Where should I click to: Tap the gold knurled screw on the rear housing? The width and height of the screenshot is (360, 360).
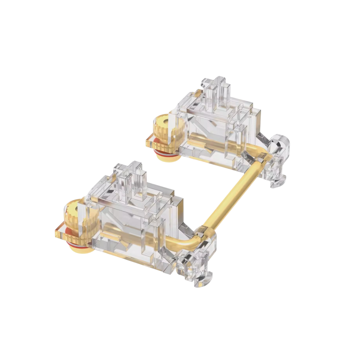point(164,131)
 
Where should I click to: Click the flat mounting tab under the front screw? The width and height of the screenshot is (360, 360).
point(61,230)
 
